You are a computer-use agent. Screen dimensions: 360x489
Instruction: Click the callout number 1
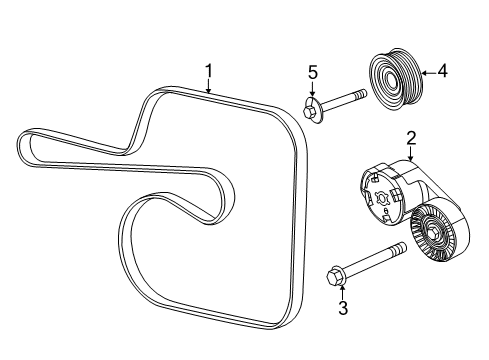(209, 69)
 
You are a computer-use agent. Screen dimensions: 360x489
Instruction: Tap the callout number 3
(342, 308)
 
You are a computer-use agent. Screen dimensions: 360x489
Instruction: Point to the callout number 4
(442, 71)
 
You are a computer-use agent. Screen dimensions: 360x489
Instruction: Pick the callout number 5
(312, 72)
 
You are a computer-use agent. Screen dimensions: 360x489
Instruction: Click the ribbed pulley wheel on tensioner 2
(439, 240)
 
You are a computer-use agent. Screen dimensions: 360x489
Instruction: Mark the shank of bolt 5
(346, 101)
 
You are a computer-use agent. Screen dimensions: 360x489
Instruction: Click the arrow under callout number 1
(209, 86)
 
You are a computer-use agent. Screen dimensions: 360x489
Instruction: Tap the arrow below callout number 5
(312, 89)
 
